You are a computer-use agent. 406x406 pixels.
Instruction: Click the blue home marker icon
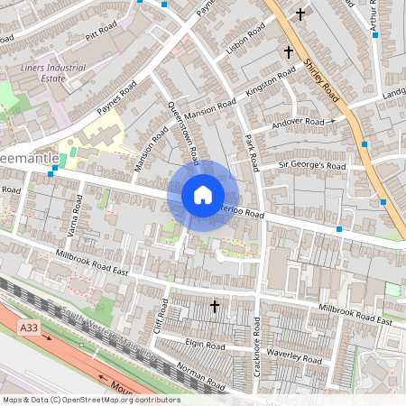[203, 194]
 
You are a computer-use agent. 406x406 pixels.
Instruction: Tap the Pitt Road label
[103, 41]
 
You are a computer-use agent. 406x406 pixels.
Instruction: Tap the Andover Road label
[300, 122]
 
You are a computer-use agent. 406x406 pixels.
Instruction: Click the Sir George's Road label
[311, 166]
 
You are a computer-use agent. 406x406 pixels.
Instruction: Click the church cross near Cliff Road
[215, 307]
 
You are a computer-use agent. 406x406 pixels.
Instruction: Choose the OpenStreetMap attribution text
[90, 400]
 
